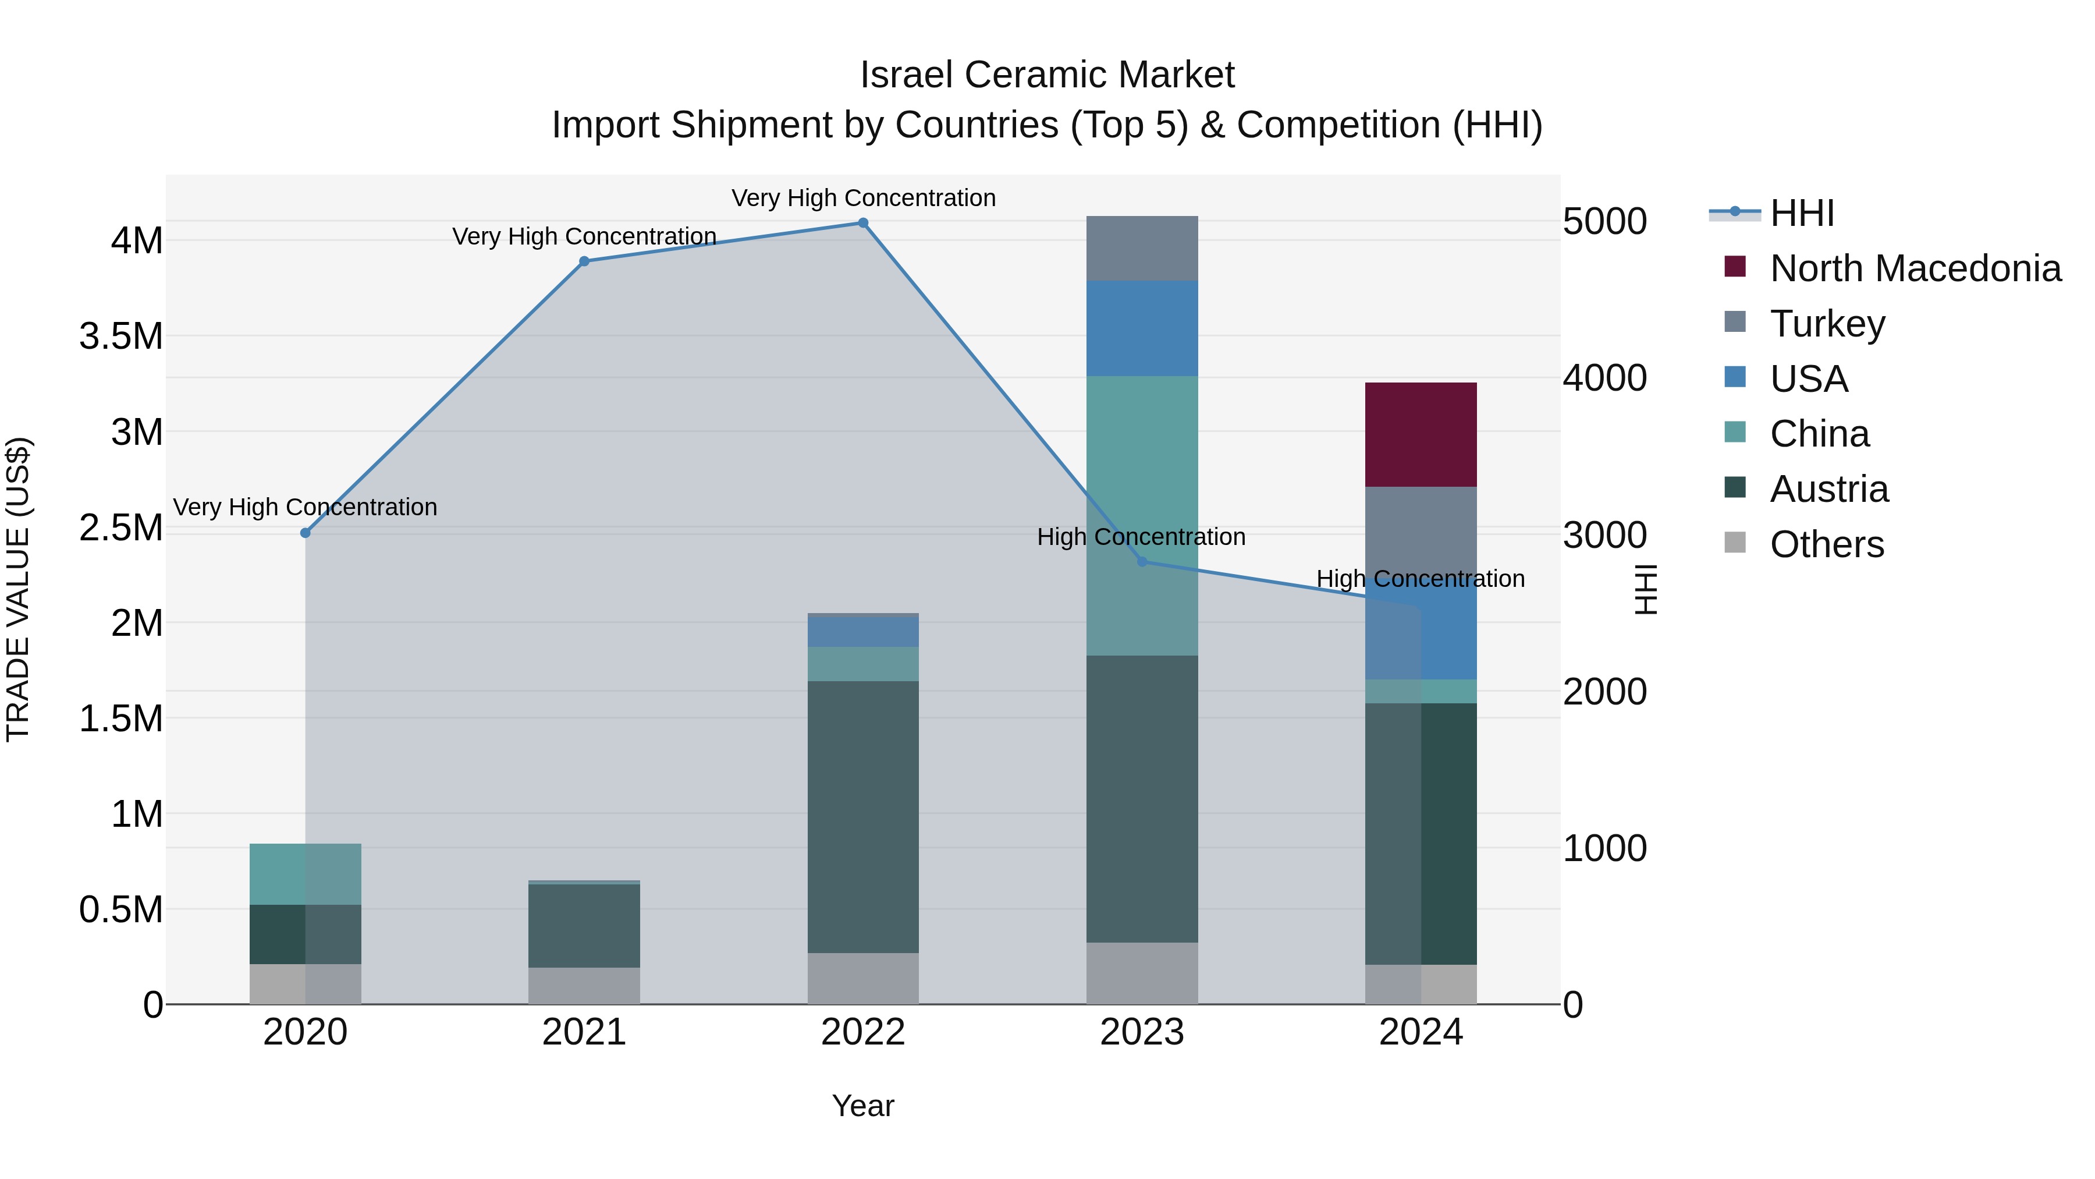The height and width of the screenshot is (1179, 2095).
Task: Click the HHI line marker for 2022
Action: click(863, 223)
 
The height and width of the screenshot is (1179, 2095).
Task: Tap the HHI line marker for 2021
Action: click(584, 261)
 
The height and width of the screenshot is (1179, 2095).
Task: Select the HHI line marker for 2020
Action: click(305, 533)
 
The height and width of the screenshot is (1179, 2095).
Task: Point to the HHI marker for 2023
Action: click(1142, 561)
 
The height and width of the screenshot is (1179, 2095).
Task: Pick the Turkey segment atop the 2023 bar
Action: click(1142, 248)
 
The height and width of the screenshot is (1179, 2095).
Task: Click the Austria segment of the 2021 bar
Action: click(584, 925)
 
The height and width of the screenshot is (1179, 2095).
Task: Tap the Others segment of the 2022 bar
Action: click(863, 978)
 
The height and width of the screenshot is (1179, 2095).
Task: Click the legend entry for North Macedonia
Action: click(1915, 268)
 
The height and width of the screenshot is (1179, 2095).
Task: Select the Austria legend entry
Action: click(1828, 489)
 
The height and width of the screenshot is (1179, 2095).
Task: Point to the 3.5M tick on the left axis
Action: click(121, 336)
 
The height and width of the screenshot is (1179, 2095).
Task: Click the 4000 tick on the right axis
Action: click(1604, 378)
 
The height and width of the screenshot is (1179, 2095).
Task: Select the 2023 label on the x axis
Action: click(1142, 1032)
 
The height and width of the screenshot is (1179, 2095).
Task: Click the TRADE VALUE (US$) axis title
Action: click(19, 589)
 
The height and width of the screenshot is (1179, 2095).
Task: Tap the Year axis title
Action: click(863, 1106)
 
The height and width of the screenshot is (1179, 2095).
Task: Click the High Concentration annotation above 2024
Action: click(1420, 579)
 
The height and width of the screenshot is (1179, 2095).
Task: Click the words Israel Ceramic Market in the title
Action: click(1047, 75)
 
